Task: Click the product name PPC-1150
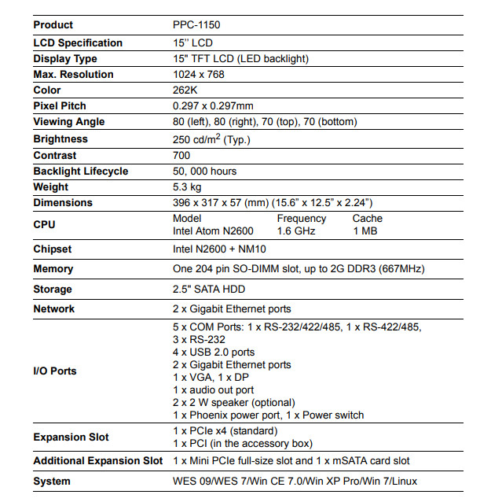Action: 197,25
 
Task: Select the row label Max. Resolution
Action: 73,75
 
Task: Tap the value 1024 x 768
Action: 200,75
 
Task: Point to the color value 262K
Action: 185,90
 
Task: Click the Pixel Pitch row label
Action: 60,106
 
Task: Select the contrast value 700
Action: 181,156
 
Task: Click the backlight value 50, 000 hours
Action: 205,172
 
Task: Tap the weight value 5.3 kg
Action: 187,187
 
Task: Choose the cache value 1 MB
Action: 365,231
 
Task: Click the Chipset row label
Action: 53,249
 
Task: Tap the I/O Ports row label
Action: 55,371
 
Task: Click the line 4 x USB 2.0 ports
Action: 214,352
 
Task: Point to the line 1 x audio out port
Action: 214,389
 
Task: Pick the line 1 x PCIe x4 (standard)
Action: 225,430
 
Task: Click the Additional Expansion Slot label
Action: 98,461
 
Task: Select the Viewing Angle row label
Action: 69,122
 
